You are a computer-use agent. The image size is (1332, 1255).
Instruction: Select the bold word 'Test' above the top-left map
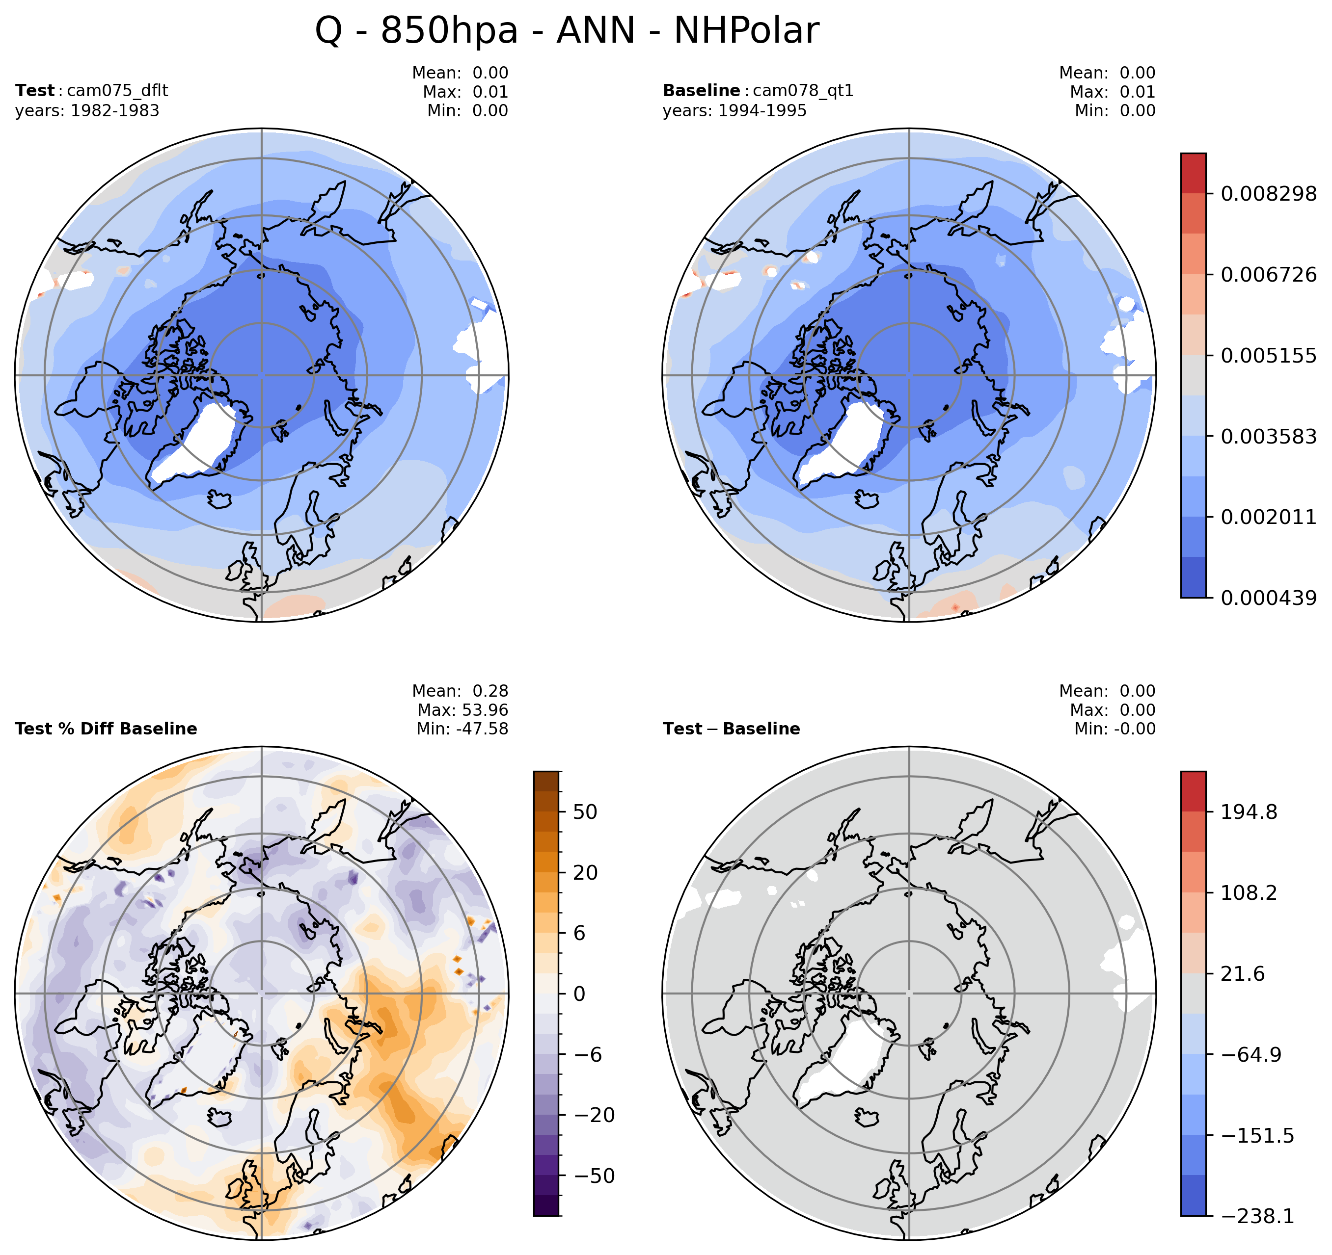click(35, 90)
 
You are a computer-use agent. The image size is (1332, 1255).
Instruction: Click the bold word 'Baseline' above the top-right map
click(701, 90)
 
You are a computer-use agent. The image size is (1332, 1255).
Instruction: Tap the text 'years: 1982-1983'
click(87, 110)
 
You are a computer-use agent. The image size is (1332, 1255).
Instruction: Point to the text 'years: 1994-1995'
click(734, 110)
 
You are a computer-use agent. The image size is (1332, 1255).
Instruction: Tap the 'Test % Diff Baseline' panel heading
click(106, 729)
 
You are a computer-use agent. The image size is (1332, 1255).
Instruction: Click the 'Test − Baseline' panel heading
click(731, 729)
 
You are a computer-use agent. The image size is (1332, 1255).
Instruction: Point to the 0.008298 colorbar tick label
click(1268, 194)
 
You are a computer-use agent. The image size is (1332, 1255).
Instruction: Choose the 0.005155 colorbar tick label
click(1268, 356)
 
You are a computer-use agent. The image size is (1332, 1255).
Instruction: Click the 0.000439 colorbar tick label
click(1268, 598)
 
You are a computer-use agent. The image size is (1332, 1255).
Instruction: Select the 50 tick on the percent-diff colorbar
click(585, 811)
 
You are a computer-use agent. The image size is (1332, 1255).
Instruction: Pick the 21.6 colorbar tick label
click(1242, 974)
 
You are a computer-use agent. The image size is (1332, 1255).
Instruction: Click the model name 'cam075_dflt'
click(118, 90)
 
